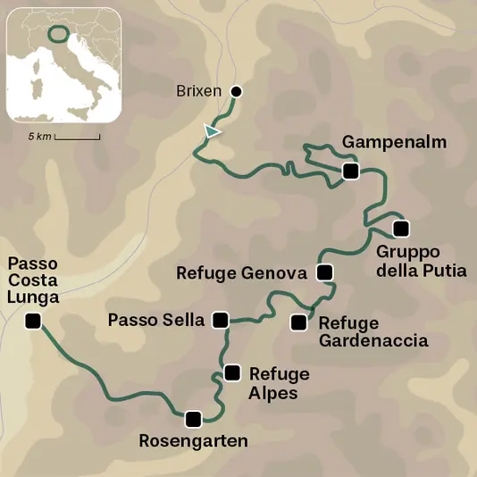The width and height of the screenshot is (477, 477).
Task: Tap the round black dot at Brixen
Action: click(x=237, y=91)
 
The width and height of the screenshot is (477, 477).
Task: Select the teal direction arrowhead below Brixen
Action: click(x=211, y=131)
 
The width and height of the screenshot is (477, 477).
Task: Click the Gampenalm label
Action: click(x=382, y=143)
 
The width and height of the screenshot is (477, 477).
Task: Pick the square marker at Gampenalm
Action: click(x=350, y=171)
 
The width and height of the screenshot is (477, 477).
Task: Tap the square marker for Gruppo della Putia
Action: click(x=399, y=227)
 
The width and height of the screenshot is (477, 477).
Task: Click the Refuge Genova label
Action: click(x=243, y=273)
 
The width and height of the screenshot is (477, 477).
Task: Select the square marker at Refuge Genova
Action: click(x=324, y=272)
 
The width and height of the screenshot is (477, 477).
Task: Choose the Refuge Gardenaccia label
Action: click(x=373, y=331)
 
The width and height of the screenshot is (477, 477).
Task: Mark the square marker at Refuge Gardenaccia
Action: click(x=298, y=322)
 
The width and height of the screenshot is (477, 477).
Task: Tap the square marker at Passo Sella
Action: click(x=222, y=319)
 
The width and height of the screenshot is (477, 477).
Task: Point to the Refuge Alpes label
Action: click(x=280, y=382)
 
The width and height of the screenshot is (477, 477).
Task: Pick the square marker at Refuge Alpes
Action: click(x=232, y=372)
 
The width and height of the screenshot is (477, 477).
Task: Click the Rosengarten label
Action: click(x=194, y=440)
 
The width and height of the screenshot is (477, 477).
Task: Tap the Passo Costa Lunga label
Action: click(x=33, y=281)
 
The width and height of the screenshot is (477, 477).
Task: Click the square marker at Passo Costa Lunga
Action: click(x=33, y=322)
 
